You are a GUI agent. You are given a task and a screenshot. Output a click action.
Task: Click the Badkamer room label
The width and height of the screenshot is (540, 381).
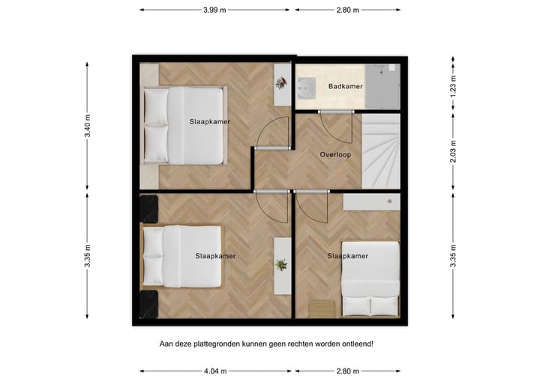pyautogui.click(x=345, y=87)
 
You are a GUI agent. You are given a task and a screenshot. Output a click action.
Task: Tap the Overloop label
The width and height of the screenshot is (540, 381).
pyautogui.click(x=335, y=155)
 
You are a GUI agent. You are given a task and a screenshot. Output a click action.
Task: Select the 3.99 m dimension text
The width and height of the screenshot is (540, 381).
pyautogui.click(x=216, y=10)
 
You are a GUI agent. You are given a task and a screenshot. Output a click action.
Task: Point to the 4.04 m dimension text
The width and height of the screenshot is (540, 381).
pyautogui.click(x=216, y=371)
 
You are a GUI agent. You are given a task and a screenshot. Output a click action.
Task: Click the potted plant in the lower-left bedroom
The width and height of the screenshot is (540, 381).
pyautogui.click(x=281, y=264)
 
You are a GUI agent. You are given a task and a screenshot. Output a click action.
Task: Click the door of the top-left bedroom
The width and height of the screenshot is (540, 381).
pyautogui.click(x=271, y=135)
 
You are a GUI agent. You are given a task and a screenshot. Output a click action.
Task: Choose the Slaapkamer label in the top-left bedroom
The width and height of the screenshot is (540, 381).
pyautogui.click(x=209, y=121)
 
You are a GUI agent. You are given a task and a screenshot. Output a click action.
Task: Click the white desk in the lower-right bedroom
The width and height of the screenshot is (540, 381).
pyautogui.click(x=370, y=201)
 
